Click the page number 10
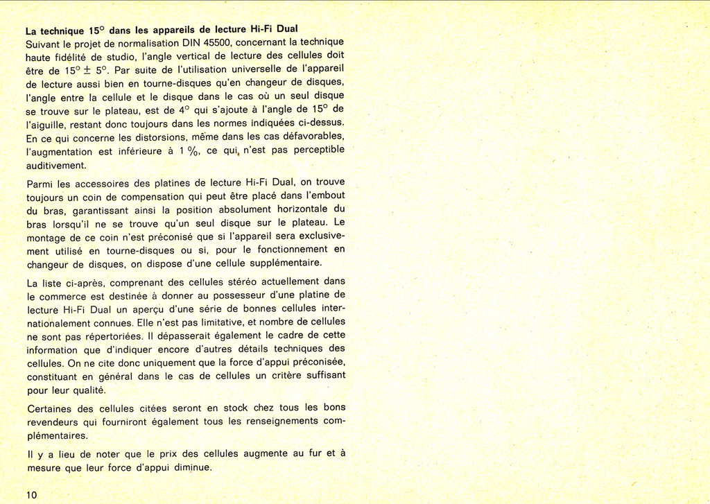click(x=31, y=494)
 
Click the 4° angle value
click(x=183, y=110)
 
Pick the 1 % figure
click(x=189, y=150)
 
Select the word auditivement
click(x=56, y=166)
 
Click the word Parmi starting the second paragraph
click(x=40, y=184)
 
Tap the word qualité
click(x=88, y=390)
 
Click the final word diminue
click(x=192, y=467)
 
